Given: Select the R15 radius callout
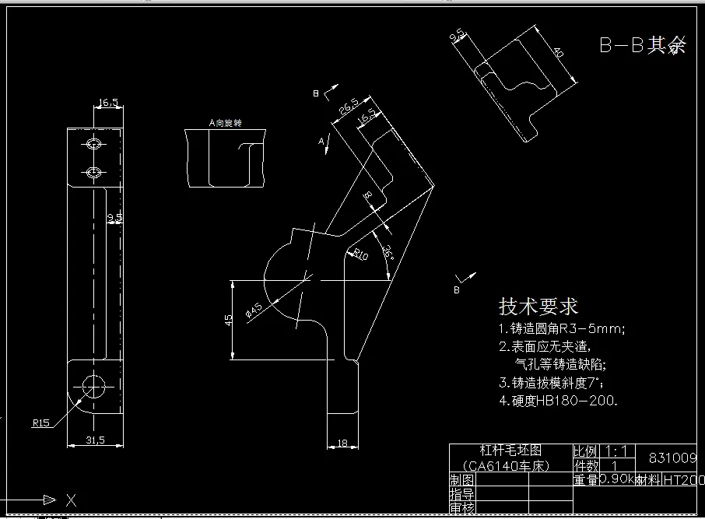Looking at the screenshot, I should click(x=40, y=423).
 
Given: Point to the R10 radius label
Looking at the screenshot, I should click(x=360, y=254).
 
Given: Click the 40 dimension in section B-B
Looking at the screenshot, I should click(x=559, y=52).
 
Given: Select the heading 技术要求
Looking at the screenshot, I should click(x=538, y=305).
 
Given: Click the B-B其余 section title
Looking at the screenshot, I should click(x=643, y=45).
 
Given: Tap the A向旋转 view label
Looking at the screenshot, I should click(x=225, y=123).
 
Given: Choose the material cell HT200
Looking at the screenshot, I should click(x=683, y=480).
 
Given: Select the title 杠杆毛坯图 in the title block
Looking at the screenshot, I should click(x=510, y=451).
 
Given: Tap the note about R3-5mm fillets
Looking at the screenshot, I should click(x=562, y=328).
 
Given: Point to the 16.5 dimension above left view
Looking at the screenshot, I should click(x=108, y=102).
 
